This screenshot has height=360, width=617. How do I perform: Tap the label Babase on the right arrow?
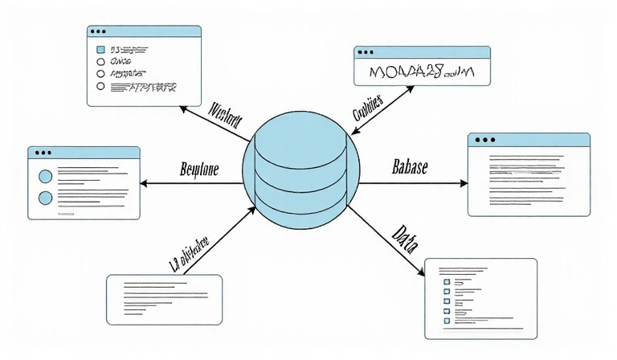click(x=410, y=167)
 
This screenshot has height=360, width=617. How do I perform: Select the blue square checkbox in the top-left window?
click(x=101, y=49)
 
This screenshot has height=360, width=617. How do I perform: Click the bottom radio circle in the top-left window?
click(x=100, y=85)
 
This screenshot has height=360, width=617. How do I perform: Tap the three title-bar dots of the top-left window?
click(x=99, y=31)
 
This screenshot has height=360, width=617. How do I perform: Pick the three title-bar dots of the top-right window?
click(x=366, y=52)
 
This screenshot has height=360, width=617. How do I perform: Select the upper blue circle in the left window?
click(x=45, y=175)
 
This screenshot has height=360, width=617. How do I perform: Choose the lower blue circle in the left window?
click(x=45, y=197)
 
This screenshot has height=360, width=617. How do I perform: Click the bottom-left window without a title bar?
click(x=164, y=299)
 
